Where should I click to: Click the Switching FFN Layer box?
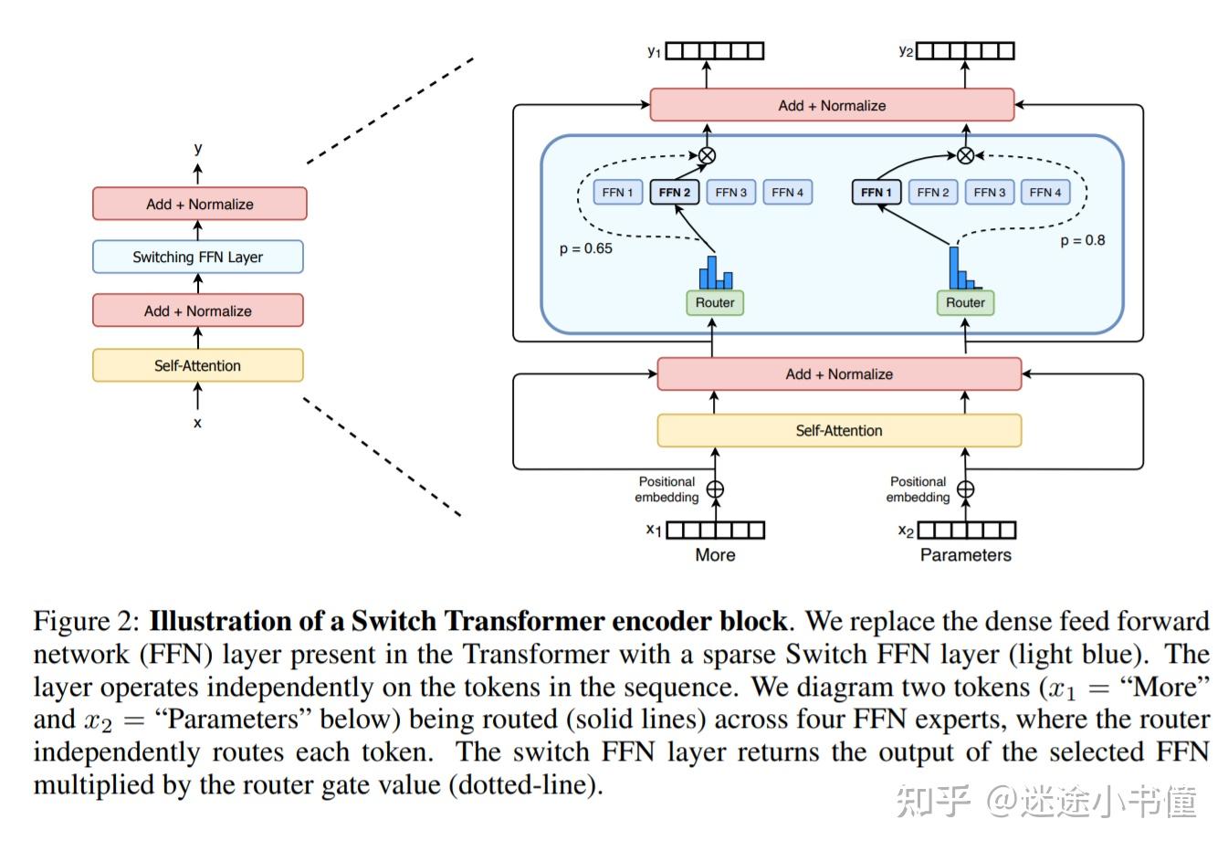pyautogui.click(x=197, y=257)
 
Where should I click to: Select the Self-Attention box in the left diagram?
pyautogui.click(x=197, y=365)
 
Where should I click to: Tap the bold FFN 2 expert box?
pyautogui.click(x=675, y=192)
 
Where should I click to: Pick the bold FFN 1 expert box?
pyautogui.click(x=876, y=192)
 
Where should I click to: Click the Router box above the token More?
pyautogui.click(x=714, y=302)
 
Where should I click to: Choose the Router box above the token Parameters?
pyautogui.click(x=965, y=302)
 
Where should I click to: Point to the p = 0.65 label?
pyautogui.click(x=585, y=248)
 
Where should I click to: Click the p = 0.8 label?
pyautogui.click(x=1082, y=240)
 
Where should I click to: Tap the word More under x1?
pyautogui.click(x=715, y=554)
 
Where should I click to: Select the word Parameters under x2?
pyautogui.click(x=965, y=554)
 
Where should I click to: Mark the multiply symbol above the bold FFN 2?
pyautogui.click(x=707, y=155)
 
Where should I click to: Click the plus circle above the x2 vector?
pyautogui.click(x=965, y=489)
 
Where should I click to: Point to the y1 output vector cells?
pyautogui.click(x=714, y=51)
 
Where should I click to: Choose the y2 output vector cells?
pyautogui.click(x=965, y=51)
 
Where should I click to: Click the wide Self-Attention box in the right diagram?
pyautogui.click(x=839, y=430)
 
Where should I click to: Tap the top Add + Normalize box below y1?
pyautogui.click(x=832, y=105)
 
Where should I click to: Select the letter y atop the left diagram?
pyautogui.click(x=197, y=147)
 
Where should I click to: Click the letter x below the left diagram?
pyautogui.click(x=197, y=423)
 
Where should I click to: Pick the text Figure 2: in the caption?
pyautogui.click(x=86, y=621)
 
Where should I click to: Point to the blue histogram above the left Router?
pyautogui.click(x=716, y=272)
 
